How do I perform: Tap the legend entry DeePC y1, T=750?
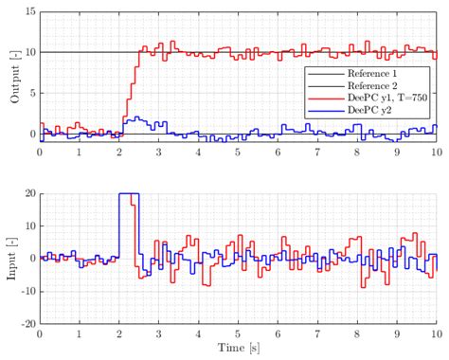tap(368, 98)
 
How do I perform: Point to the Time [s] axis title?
tap(238, 351)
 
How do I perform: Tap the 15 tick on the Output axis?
tap(29, 11)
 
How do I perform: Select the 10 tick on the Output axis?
tap(29, 52)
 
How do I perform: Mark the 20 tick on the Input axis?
tap(29, 193)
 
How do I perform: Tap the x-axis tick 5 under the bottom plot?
tap(238, 333)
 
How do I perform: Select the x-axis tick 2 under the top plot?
tap(119, 152)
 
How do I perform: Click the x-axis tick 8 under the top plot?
tap(357, 152)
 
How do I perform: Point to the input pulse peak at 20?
tap(128, 193)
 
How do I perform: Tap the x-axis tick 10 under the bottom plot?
tap(435, 333)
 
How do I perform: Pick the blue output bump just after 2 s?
tap(138, 119)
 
